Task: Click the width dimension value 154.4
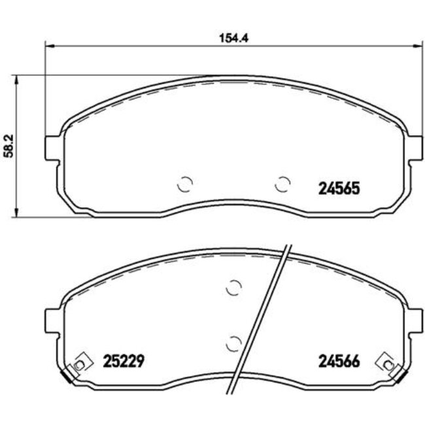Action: click(x=233, y=37)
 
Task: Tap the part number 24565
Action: click(x=339, y=188)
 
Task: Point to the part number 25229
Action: click(x=124, y=361)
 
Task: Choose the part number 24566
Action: click(x=339, y=361)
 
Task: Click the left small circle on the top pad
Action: click(x=185, y=185)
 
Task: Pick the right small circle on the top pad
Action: click(x=282, y=185)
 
